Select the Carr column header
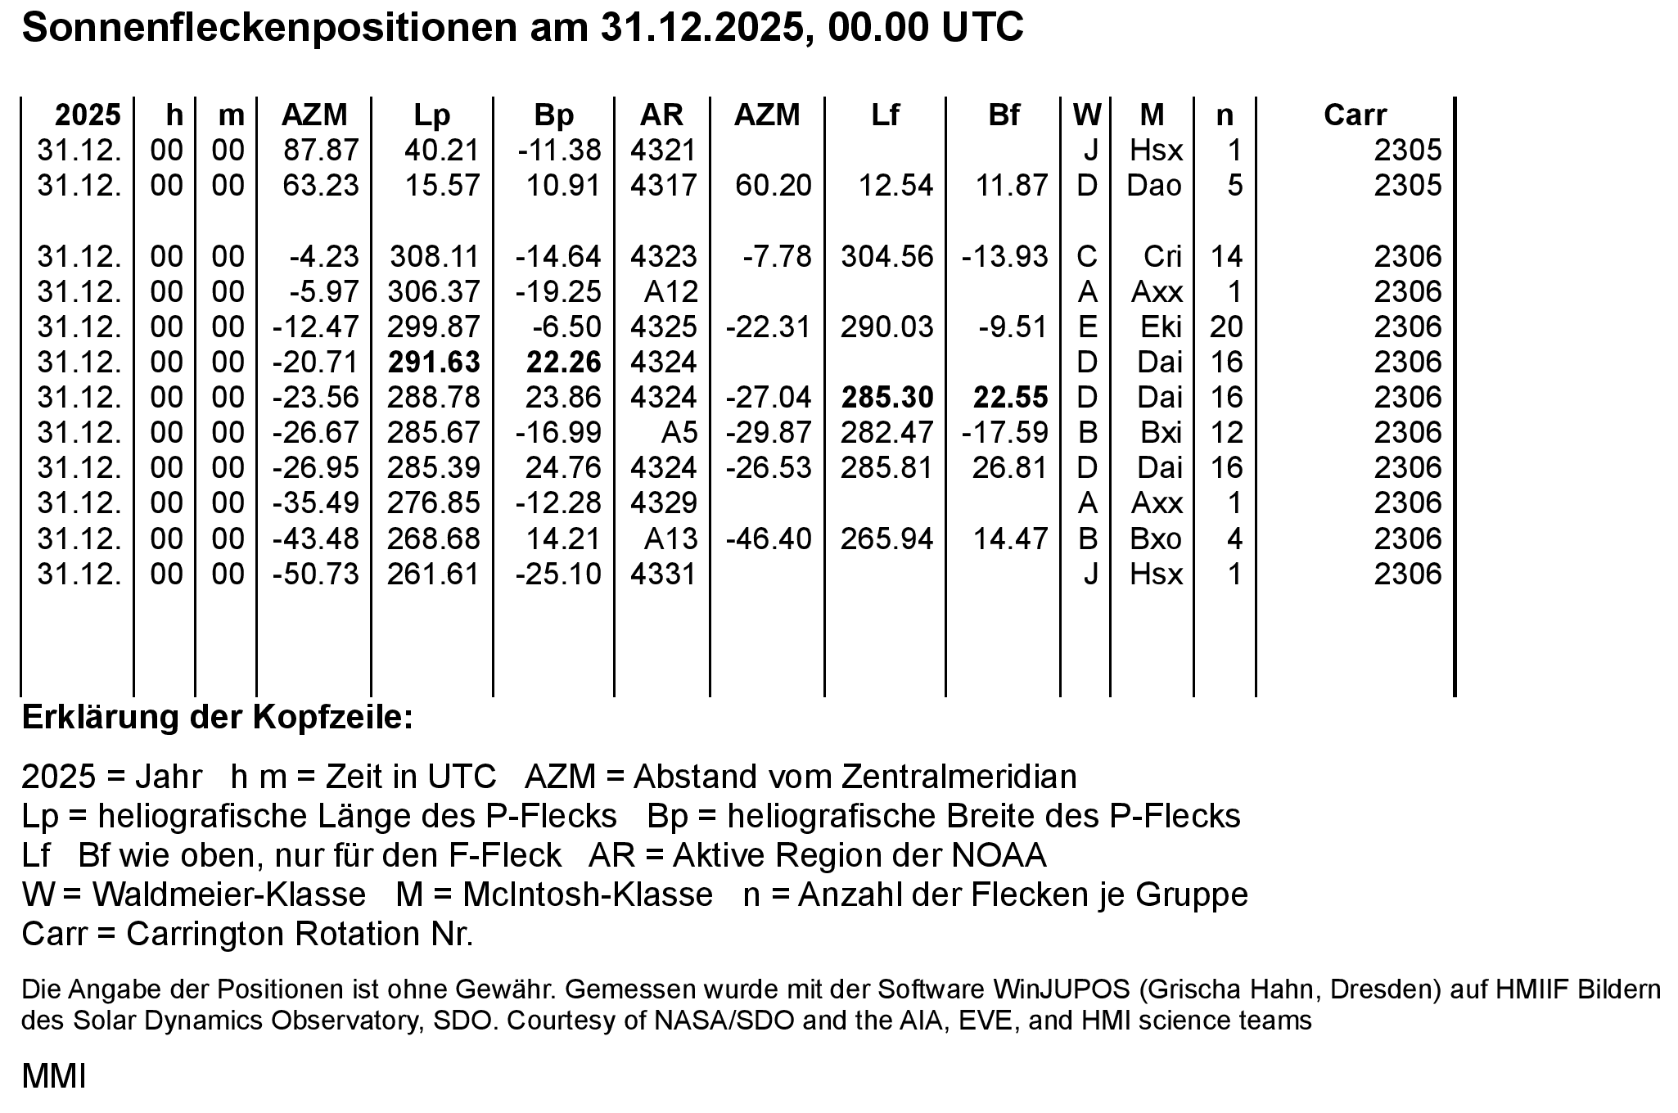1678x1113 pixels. [x=1355, y=115]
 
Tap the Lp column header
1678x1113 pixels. [x=431, y=115]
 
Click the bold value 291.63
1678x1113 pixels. [x=434, y=362]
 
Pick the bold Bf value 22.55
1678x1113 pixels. [x=1010, y=397]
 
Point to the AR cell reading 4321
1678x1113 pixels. [x=663, y=151]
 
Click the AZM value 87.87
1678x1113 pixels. [x=321, y=151]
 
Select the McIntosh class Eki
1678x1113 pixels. [x=1161, y=327]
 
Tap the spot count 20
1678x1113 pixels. [x=1226, y=327]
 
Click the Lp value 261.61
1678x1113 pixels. [x=434, y=574]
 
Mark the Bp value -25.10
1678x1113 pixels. [x=558, y=574]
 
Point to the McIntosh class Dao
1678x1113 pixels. [x=1154, y=186]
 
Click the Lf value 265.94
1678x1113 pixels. [x=886, y=538]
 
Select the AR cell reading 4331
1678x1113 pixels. [x=663, y=574]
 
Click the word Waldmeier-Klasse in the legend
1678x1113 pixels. [x=229, y=894]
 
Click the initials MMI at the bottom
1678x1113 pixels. [x=53, y=1077]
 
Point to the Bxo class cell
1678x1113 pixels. [x=1156, y=538]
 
